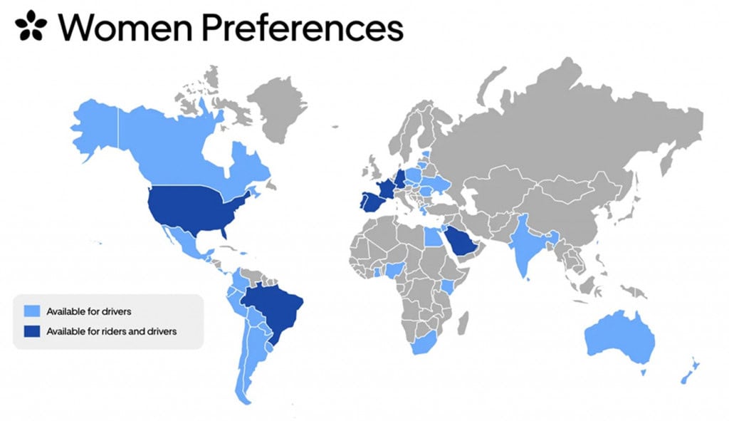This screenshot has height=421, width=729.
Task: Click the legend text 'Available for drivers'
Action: (88, 311)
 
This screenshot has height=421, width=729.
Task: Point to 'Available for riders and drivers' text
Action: (111, 331)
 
